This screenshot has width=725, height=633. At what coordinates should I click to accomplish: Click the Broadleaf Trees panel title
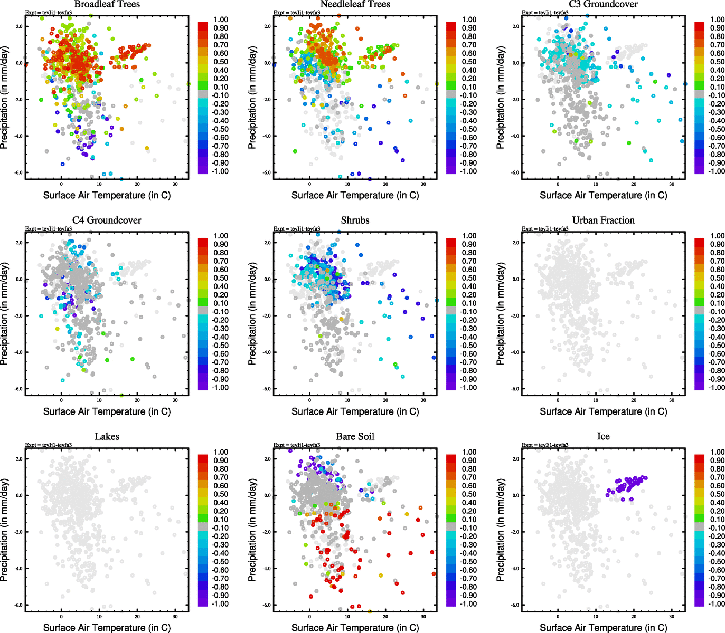coord(107,4)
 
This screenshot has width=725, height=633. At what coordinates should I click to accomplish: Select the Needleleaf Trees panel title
coord(355,4)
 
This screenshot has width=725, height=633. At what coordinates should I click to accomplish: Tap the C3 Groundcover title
coord(603,4)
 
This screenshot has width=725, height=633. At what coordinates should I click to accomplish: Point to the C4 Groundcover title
coord(107,220)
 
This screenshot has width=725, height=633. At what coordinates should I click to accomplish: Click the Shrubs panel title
coord(355,220)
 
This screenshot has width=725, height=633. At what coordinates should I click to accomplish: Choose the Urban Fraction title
coord(603,220)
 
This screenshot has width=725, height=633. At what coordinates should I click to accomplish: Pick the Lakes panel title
coord(107,437)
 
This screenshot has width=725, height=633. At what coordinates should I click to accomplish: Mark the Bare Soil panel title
coord(355,437)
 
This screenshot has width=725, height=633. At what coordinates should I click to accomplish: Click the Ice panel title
coord(603,437)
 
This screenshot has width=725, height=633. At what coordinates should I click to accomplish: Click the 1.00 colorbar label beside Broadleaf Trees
coord(221,20)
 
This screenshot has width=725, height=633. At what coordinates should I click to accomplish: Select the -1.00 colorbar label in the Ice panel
coord(717,604)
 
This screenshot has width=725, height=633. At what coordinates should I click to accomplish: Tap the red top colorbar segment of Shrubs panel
coord(451,243)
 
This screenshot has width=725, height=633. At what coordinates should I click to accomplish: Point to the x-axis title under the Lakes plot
coord(107,628)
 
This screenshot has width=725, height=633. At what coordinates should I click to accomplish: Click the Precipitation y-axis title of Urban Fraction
coord(501,314)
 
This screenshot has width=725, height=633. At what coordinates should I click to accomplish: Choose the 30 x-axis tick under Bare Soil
coord(423,617)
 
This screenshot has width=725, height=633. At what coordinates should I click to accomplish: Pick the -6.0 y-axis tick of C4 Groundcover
coord(18,389)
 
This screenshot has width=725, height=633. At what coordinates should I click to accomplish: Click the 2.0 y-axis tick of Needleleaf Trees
coord(267,26)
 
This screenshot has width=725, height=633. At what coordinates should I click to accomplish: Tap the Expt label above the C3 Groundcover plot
coord(545,13)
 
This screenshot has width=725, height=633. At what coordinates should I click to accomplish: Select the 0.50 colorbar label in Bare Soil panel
coord(469,494)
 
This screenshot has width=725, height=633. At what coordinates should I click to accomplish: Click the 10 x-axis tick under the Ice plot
coord(596,617)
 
